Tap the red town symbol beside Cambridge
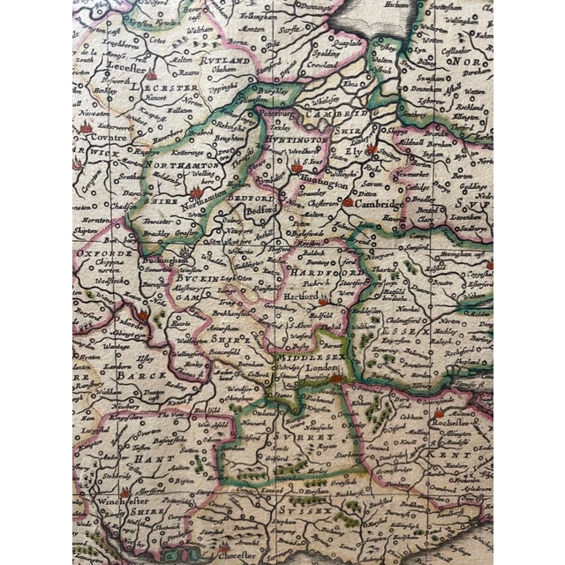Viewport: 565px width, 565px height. tap(348, 201)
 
